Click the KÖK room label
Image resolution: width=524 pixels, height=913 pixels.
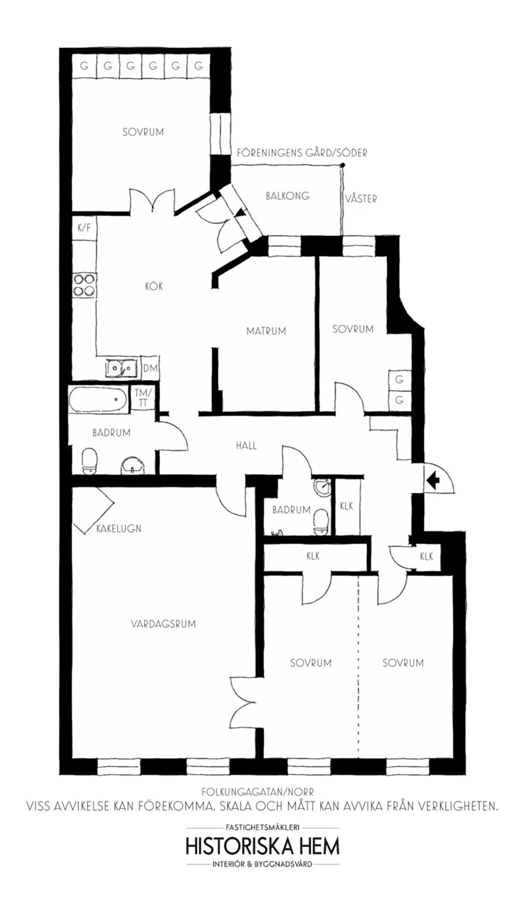click(x=154, y=286)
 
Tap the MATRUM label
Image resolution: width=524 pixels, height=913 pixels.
click(x=266, y=331)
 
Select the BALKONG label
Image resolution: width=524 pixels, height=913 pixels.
click(x=287, y=196)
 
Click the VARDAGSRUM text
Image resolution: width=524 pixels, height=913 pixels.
click(x=163, y=624)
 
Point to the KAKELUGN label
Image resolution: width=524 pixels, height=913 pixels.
click(x=119, y=529)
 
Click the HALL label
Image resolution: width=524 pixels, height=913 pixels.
click(x=246, y=446)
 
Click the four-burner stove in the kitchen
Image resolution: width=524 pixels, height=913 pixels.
click(x=84, y=285)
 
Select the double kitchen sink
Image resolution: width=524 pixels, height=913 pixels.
click(x=122, y=368)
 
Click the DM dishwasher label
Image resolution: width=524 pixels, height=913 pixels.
click(x=150, y=368)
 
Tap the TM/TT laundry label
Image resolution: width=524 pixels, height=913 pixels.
click(x=143, y=398)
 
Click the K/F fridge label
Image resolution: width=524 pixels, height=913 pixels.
click(x=84, y=228)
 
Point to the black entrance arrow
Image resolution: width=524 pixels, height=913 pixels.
click(x=432, y=479)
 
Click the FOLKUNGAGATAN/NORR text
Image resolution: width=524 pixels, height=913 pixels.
click(x=258, y=792)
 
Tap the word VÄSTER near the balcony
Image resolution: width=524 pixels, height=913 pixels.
click(x=361, y=199)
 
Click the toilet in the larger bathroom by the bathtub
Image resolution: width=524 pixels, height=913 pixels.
click(x=90, y=460)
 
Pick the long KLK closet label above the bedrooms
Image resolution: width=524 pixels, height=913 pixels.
click(x=313, y=556)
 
